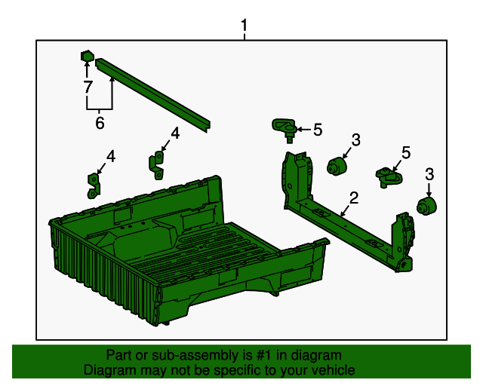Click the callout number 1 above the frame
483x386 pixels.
click(244, 27)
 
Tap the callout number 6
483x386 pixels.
click(100, 123)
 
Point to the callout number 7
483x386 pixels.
click(88, 87)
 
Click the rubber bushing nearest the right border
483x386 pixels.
click(428, 207)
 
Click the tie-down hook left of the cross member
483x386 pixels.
click(285, 129)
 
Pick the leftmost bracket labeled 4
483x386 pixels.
click(94, 185)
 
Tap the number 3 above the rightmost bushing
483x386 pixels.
click(429, 175)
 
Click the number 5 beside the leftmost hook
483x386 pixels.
click(318, 130)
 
